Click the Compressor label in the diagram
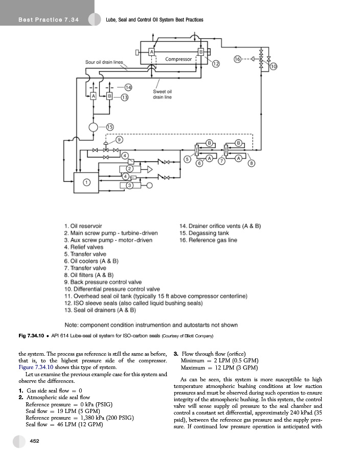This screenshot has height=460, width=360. (178, 59)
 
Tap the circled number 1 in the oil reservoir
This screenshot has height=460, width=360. (87, 181)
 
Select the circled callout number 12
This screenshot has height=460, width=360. (216, 63)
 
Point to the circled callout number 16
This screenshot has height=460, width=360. (237, 59)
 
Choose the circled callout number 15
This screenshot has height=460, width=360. (110, 127)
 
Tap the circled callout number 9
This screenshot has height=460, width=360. (119, 140)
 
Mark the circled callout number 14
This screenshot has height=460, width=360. (128, 87)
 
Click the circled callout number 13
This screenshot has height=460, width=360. (124, 97)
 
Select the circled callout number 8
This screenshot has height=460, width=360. (251, 163)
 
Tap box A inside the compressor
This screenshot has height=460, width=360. (152, 52)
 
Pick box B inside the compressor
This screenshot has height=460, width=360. (201, 52)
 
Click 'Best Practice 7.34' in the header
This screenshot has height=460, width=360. (48, 20)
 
